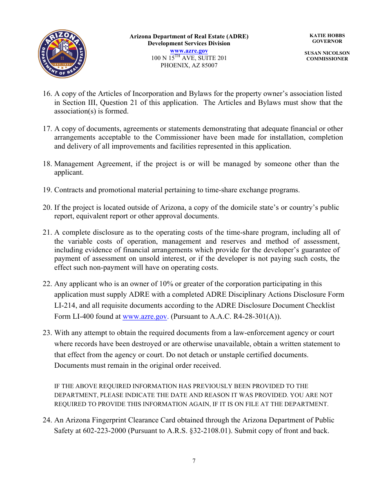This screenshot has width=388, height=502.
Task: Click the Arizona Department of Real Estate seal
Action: tap(62, 54)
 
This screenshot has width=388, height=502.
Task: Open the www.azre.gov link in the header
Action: tap(189, 51)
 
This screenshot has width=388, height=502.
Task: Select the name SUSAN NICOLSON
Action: tap(327, 53)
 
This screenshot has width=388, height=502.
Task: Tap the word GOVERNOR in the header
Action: tap(327, 41)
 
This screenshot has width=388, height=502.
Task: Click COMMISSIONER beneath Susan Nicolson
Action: tap(327, 59)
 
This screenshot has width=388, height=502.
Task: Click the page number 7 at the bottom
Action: tap(194, 461)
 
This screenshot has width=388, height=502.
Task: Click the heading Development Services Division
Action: tap(189, 43)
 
